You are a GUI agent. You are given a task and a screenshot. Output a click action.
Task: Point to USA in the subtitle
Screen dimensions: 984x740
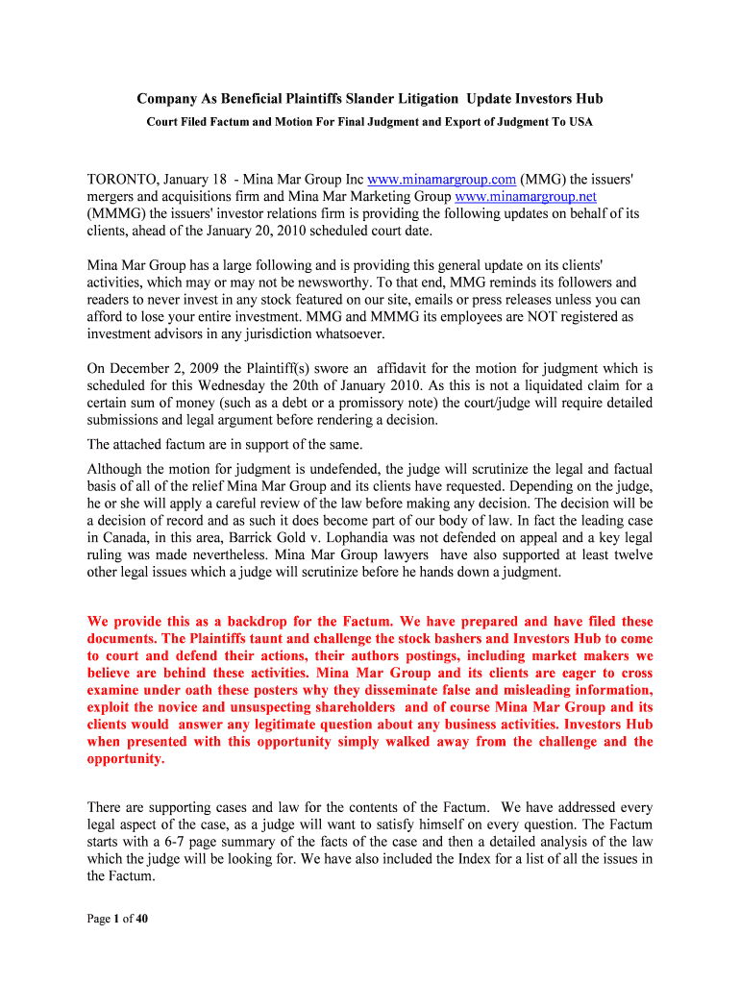click(580, 122)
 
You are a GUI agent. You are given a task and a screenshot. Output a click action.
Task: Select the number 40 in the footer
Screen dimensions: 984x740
click(141, 919)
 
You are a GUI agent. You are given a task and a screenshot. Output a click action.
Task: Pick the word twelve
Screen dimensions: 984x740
click(630, 554)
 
